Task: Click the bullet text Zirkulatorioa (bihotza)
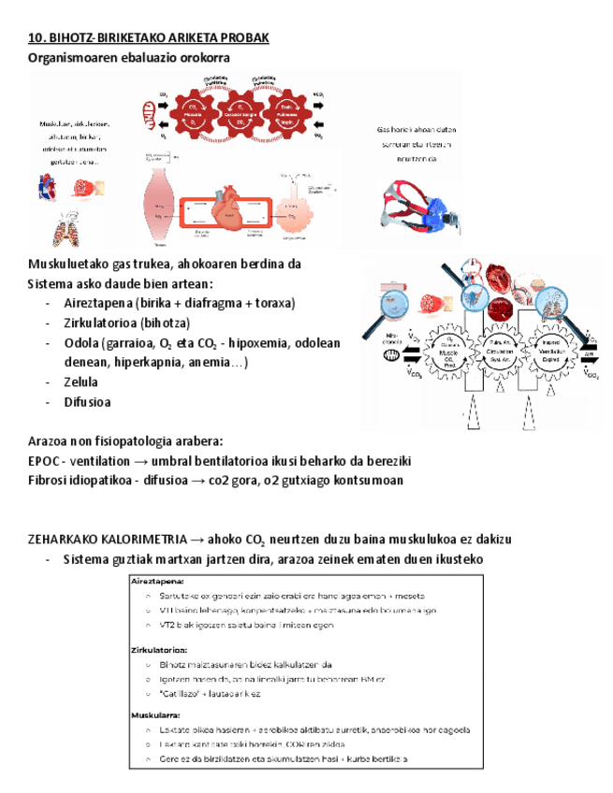126,323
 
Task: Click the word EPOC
45,461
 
